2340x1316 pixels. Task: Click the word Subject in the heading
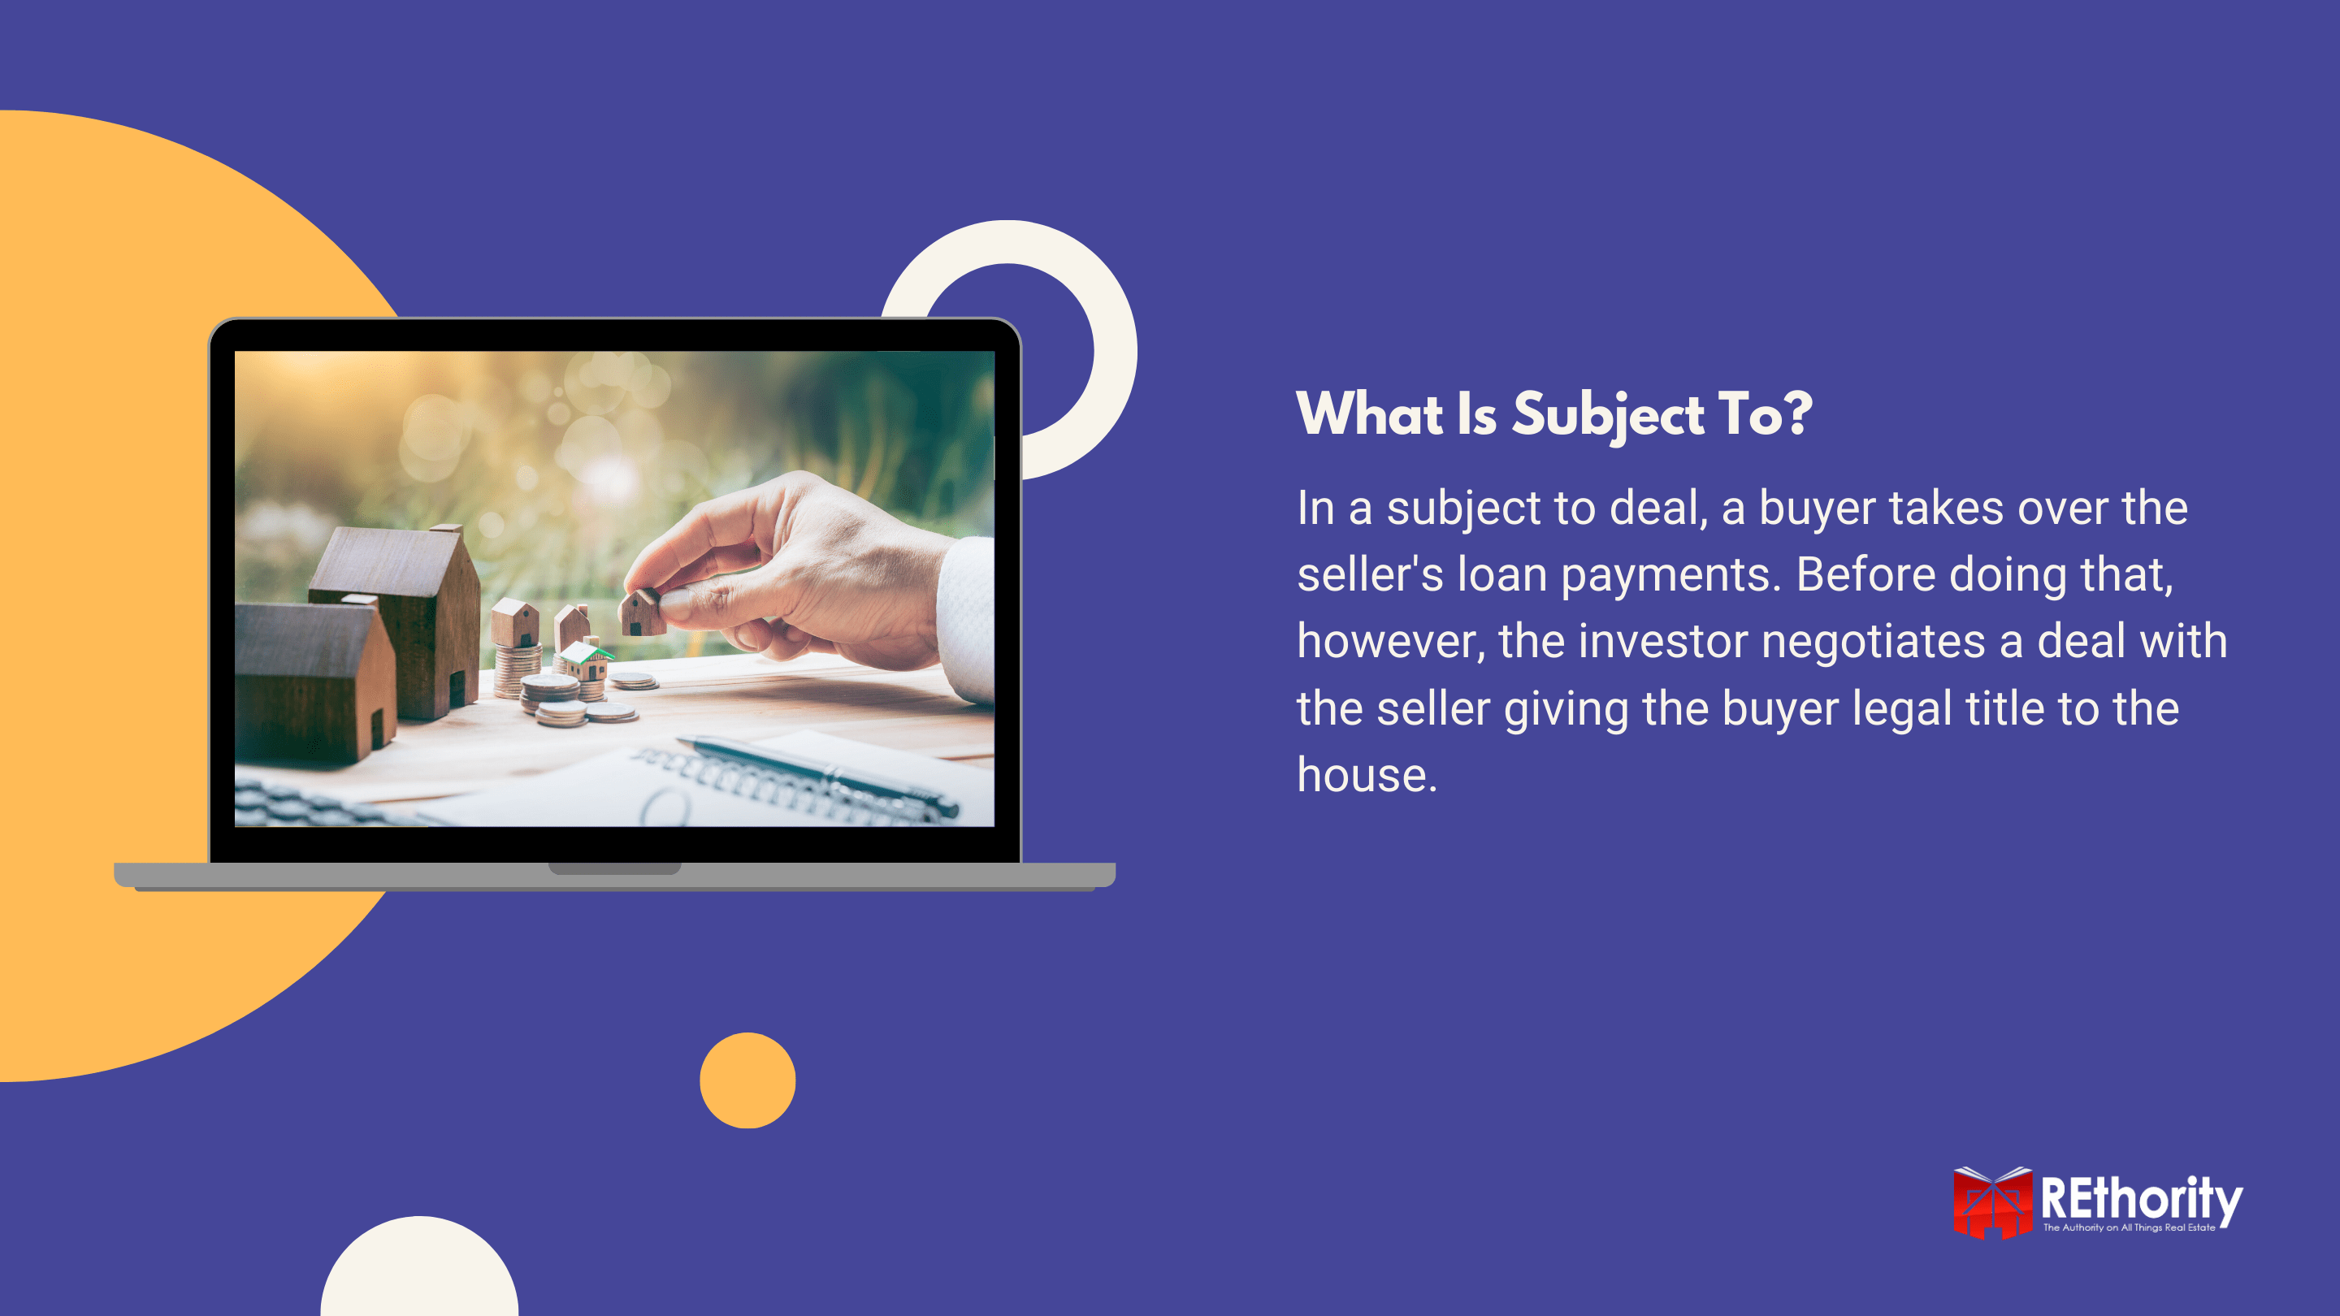coord(1608,415)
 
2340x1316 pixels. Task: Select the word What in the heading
coord(1369,415)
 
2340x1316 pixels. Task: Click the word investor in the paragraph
coord(1662,641)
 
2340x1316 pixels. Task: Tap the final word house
coord(1365,776)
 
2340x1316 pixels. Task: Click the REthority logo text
coord(2140,1199)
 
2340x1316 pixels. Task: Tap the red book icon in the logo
coord(1992,1203)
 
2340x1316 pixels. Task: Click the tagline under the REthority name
coord(2129,1228)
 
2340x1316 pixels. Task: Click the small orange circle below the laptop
coord(747,1080)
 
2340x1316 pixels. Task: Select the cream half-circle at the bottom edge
coord(420,1271)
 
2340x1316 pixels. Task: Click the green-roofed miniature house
coord(586,660)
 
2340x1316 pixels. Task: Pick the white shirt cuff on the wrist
coord(967,617)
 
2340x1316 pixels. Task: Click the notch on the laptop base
coord(615,868)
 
